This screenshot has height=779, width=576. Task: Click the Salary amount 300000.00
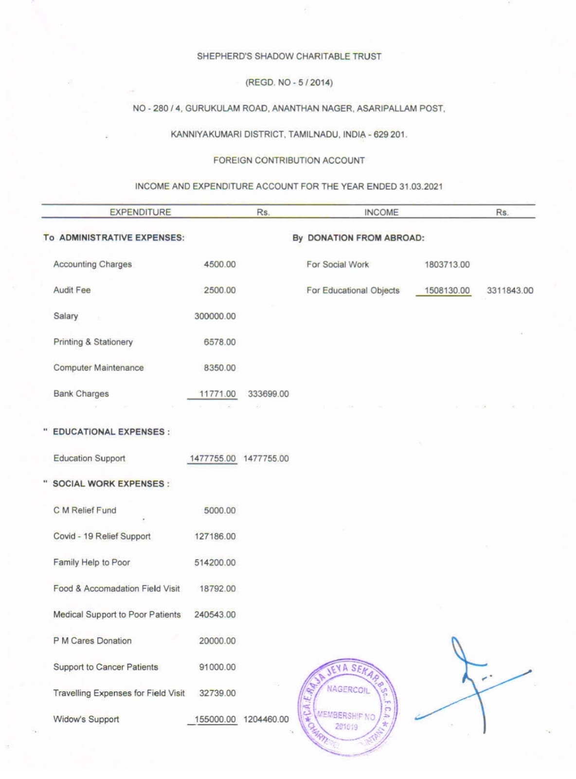[x=215, y=316]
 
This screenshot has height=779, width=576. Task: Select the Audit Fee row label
[x=72, y=290]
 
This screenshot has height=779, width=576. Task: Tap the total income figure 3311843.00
[x=510, y=291]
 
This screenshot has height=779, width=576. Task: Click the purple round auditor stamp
[x=348, y=706]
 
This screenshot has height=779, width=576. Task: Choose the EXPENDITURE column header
[x=140, y=212]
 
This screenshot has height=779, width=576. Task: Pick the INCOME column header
[x=381, y=212]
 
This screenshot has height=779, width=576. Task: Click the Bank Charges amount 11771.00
[x=217, y=394]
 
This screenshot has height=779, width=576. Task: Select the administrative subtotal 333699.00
[x=268, y=394]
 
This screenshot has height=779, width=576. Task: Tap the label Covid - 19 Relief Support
[x=102, y=536]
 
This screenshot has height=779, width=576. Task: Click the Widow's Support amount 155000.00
[x=215, y=719]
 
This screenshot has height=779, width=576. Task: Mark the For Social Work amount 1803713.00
[x=447, y=265]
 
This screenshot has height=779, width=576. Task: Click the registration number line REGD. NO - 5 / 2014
[x=289, y=82]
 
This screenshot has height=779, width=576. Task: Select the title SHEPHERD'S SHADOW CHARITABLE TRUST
[x=289, y=56]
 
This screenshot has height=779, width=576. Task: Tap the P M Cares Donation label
[x=92, y=641]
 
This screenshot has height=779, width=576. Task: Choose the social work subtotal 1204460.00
[x=266, y=719]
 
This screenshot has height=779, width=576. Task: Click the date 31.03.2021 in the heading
[x=421, y=186]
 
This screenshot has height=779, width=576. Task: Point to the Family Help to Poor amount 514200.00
[x=215, y=563]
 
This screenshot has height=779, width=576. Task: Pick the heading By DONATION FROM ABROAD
[x=358, y=238]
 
